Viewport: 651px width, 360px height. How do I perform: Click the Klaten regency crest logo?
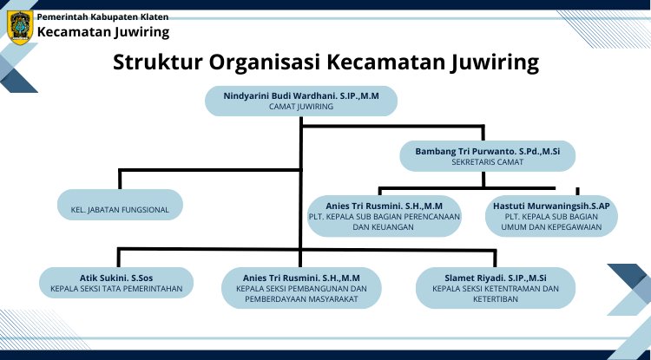coord(20,28)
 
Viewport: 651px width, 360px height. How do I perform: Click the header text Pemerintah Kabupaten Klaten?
coord(102,17)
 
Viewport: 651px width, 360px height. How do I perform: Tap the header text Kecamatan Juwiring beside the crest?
coord(103,32)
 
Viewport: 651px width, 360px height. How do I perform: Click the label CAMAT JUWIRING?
coord(301,107)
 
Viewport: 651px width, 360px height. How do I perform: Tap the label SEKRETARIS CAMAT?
coord(488,162)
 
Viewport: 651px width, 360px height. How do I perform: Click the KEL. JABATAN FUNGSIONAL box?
coord(120,205)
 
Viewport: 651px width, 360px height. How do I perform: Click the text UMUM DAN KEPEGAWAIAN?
coord(551,227)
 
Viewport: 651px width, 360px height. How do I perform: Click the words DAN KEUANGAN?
coord(383,227)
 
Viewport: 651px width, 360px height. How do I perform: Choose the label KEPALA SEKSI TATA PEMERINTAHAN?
coord(116,289)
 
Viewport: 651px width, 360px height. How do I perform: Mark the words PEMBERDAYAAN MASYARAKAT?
coord(301,299)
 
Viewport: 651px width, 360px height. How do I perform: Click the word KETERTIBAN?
coord(496,299)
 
